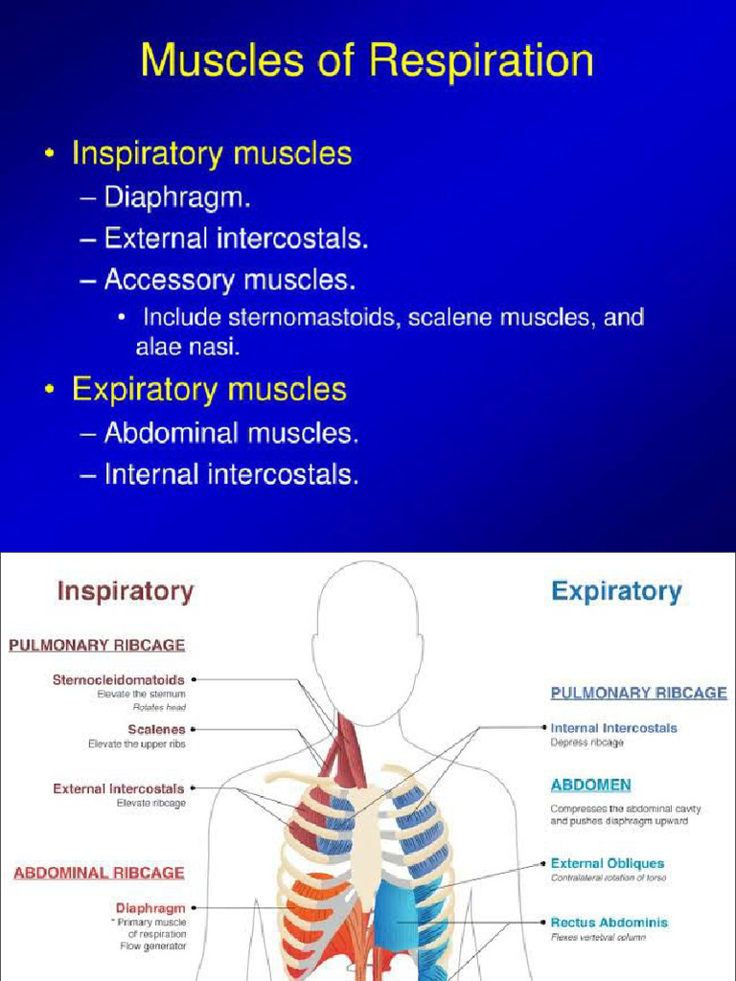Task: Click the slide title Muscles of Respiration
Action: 367,61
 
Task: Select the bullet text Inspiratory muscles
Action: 212,153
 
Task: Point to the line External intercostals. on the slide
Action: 236,239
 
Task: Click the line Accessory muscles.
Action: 230,280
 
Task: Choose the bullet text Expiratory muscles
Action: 209,389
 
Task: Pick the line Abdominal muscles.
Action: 231,433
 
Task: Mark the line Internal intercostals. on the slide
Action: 231,474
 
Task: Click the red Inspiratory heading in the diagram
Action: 125,591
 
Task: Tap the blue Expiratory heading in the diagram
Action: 616,592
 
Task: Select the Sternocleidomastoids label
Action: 118,680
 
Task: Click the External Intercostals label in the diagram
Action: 118,789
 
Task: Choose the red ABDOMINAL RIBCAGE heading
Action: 99,873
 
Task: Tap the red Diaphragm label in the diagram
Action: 150,907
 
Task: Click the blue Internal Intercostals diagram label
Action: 613,728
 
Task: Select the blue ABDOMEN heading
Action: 590,785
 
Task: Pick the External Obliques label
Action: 607,863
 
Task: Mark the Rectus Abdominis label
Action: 609,923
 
